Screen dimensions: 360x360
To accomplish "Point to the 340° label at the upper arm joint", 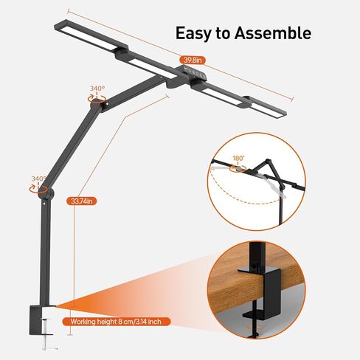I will pyautogui.click(x=97, y=89).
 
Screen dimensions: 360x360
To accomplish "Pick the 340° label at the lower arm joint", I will pyautogui.click(x=39, y=179).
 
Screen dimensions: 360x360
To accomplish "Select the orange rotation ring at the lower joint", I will pyautogui.click(x=38, y=188).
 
